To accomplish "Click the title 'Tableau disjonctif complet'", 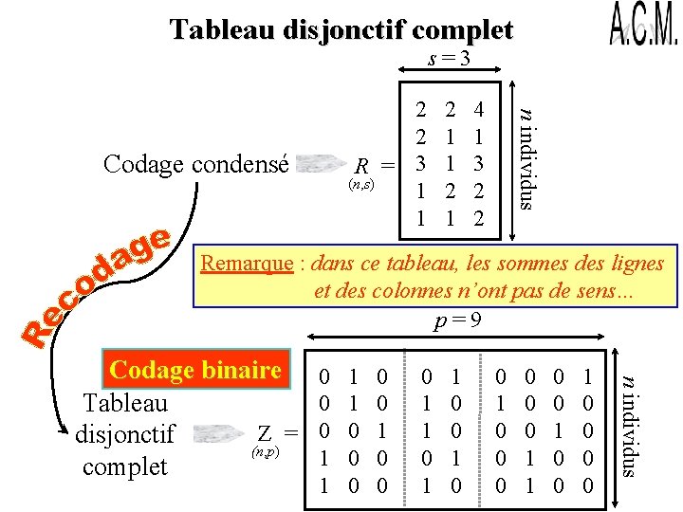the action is click(x=341, y=30).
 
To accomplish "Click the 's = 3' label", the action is click(x=450, y=59).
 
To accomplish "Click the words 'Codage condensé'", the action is click(x=195, y=163).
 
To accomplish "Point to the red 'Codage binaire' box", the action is click(x=196, y=369).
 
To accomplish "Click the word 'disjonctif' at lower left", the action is click(x=124, y=434).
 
